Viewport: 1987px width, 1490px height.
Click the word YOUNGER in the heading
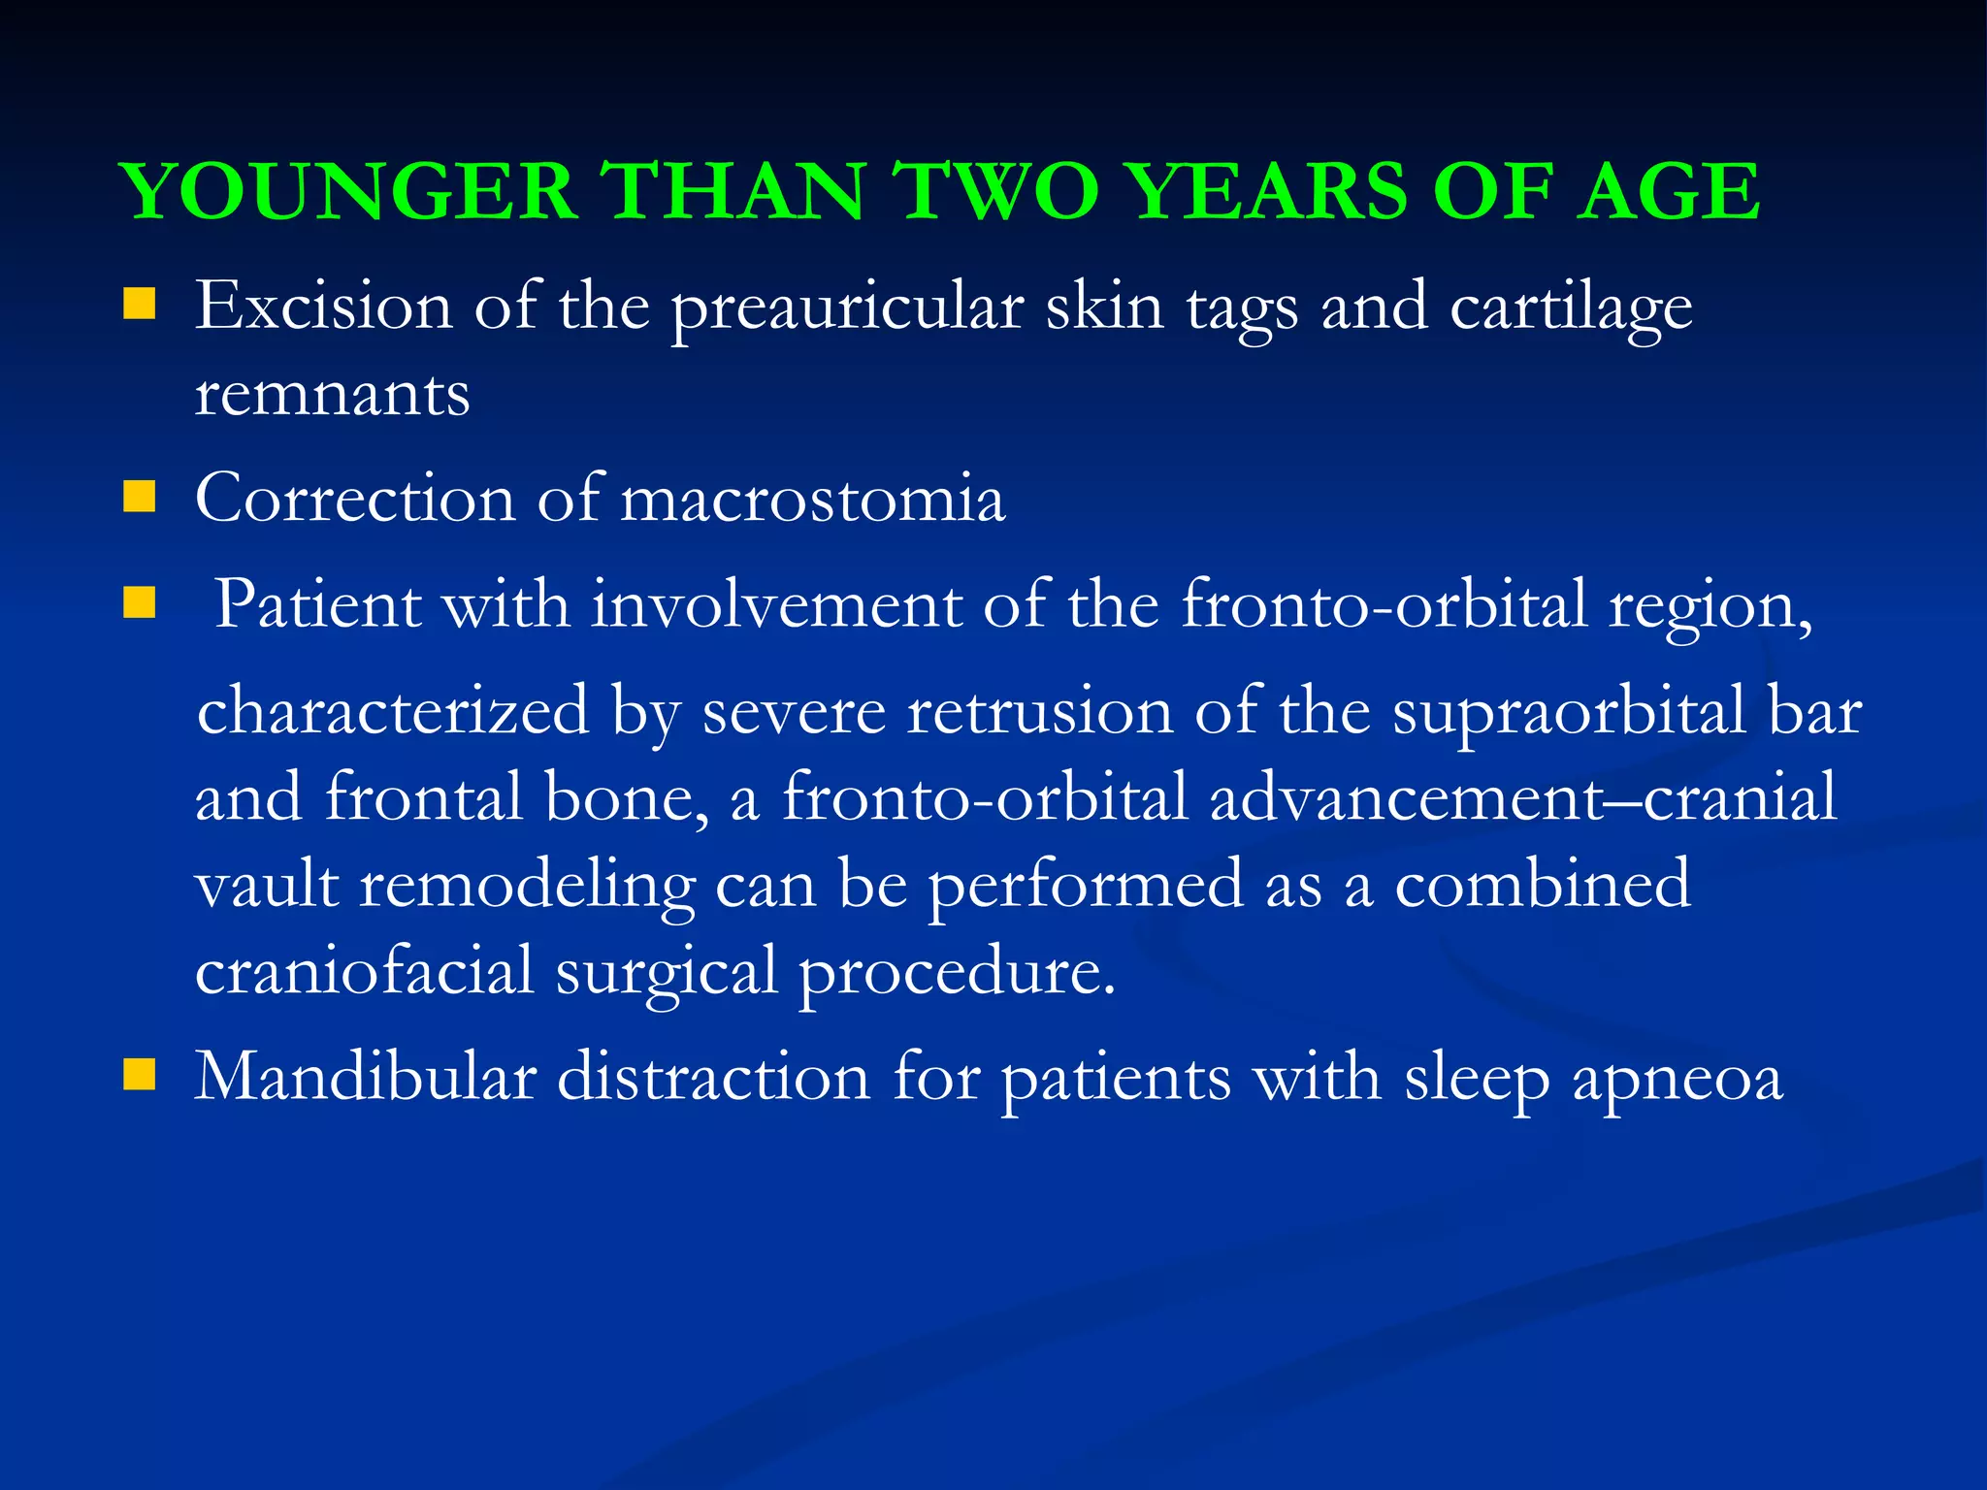point(349,191)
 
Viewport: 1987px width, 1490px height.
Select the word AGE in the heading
point(1668,191)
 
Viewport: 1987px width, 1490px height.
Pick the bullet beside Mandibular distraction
point(140,1076)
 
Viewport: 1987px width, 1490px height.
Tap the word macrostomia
point(812,499)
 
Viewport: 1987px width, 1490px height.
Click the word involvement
point(776,604)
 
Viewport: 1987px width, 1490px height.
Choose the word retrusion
point(1039,711)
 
